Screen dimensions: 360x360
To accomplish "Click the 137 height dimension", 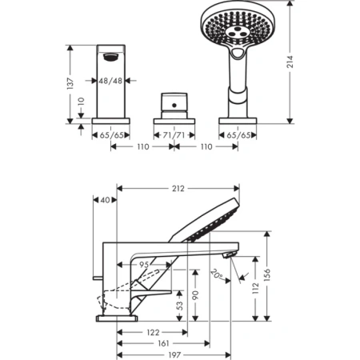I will [70, 82].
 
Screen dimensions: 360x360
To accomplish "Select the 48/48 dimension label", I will [110, 81].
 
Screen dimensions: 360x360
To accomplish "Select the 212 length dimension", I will [178, 189].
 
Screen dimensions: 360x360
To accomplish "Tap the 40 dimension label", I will [105, 201].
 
